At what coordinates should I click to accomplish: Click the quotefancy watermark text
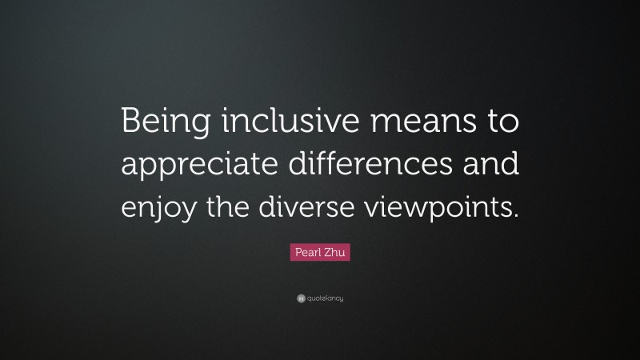(324, 298)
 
